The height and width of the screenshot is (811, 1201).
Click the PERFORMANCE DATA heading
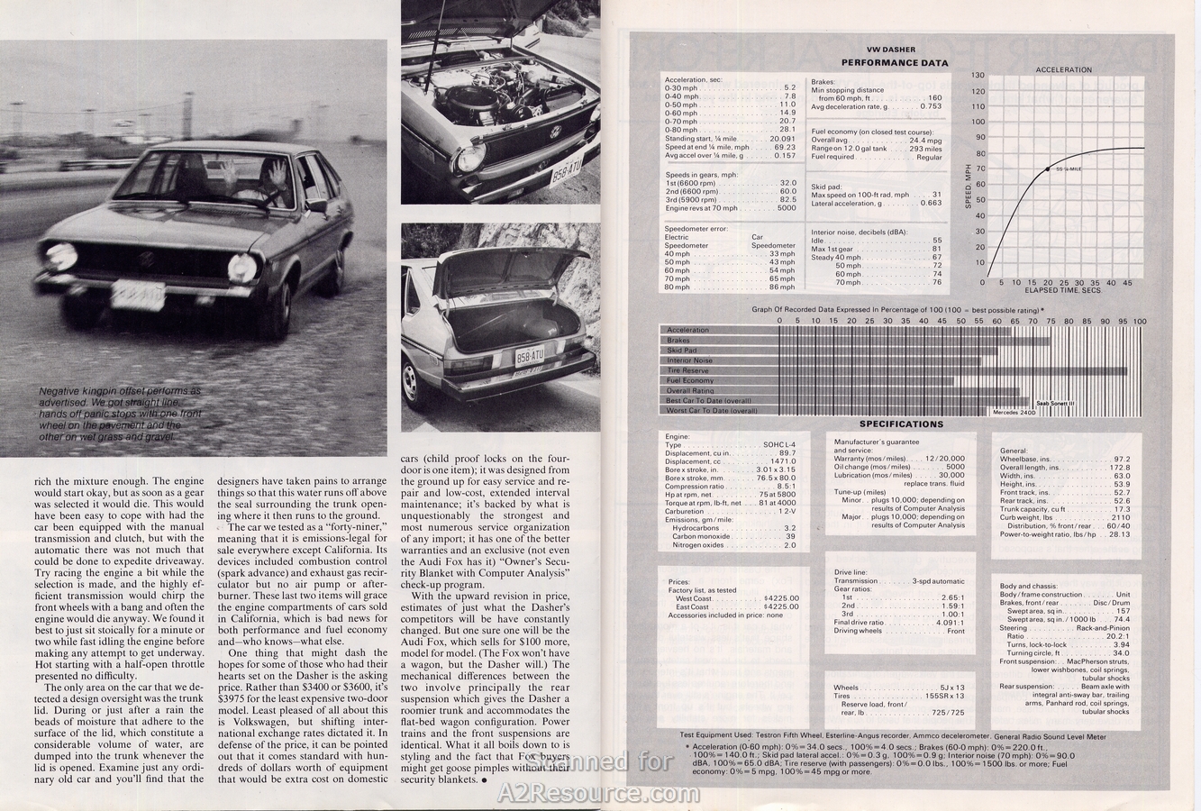(894, 63)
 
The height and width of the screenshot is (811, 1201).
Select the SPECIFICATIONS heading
(901, 424)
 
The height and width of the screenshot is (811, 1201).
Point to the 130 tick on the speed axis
(978, 76)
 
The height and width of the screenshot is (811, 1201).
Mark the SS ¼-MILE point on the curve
(1047, 169)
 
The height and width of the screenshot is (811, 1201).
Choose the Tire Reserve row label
(688, 370)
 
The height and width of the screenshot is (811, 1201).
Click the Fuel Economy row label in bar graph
(690, 380)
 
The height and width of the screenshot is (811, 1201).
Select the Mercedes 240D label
(1014, 412)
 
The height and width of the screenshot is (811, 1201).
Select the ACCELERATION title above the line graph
(1063, 69)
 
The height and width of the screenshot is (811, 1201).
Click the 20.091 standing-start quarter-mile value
(782, 138)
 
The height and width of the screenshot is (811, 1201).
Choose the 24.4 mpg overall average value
(924, 141)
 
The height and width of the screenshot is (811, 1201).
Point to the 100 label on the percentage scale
(1140, 321)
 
